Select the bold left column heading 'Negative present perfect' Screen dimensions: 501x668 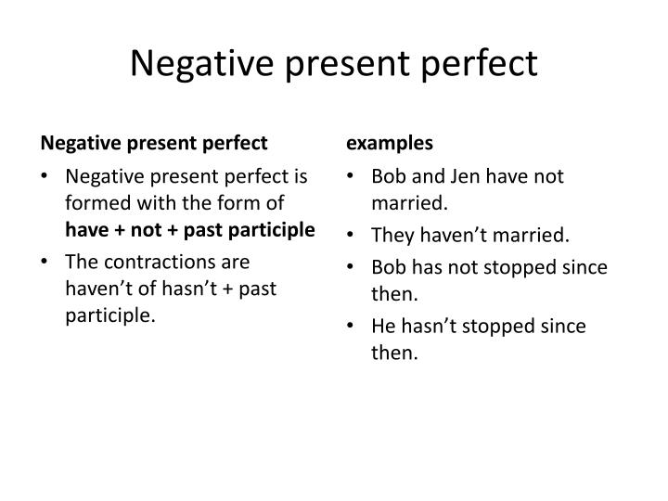(153, 143)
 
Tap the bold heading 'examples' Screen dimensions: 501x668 (390, 143)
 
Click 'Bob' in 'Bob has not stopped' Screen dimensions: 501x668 (388, 267)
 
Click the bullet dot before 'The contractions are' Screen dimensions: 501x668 (46, 263)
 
